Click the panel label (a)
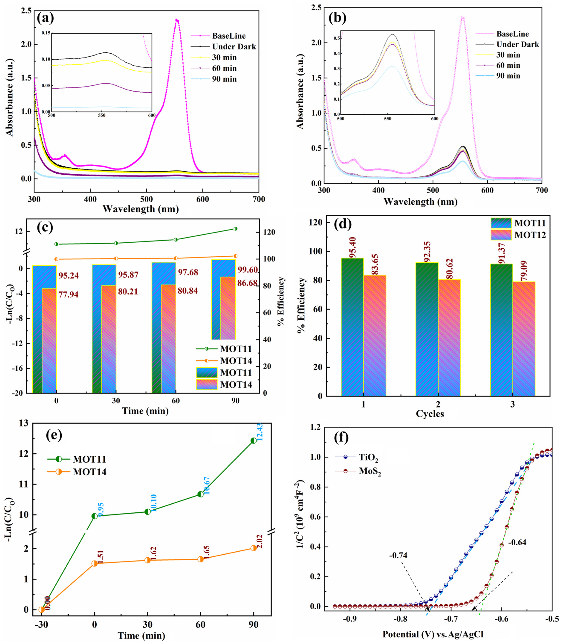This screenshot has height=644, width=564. click(x=45, y=18)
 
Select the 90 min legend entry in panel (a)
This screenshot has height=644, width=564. click(x=224, y=79)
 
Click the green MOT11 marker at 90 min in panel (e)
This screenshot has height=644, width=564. click(x=253, y=440)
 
